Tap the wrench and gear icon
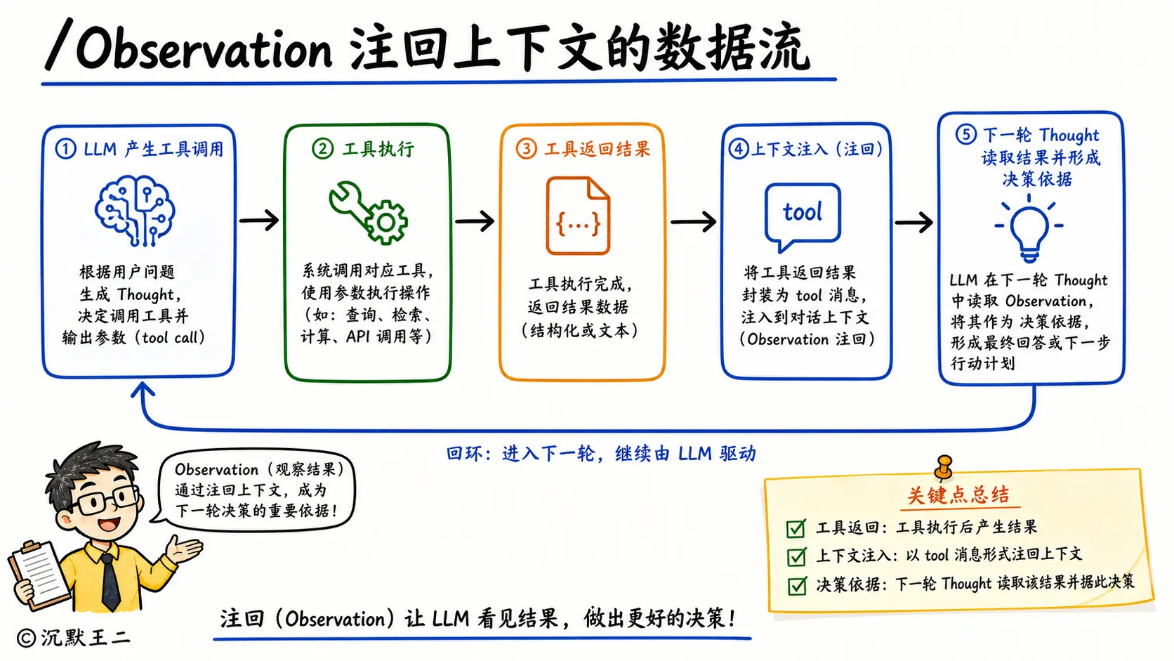coord(368,212)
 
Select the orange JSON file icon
coord(578,216)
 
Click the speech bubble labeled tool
coord(803,216)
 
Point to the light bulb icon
coord(1029,228)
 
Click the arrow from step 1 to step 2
coord(259,220)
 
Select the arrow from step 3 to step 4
coord(694,221)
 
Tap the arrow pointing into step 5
coord(914,222)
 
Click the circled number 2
coord(322,149)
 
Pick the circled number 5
coord(965,134)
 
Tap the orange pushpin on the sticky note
coord(944,467)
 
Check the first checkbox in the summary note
coord(796,528)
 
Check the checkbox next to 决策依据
coord(797,585)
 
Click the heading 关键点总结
coord(958,495)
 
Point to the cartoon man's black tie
coord(110,581)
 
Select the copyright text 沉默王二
coord(86,638)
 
